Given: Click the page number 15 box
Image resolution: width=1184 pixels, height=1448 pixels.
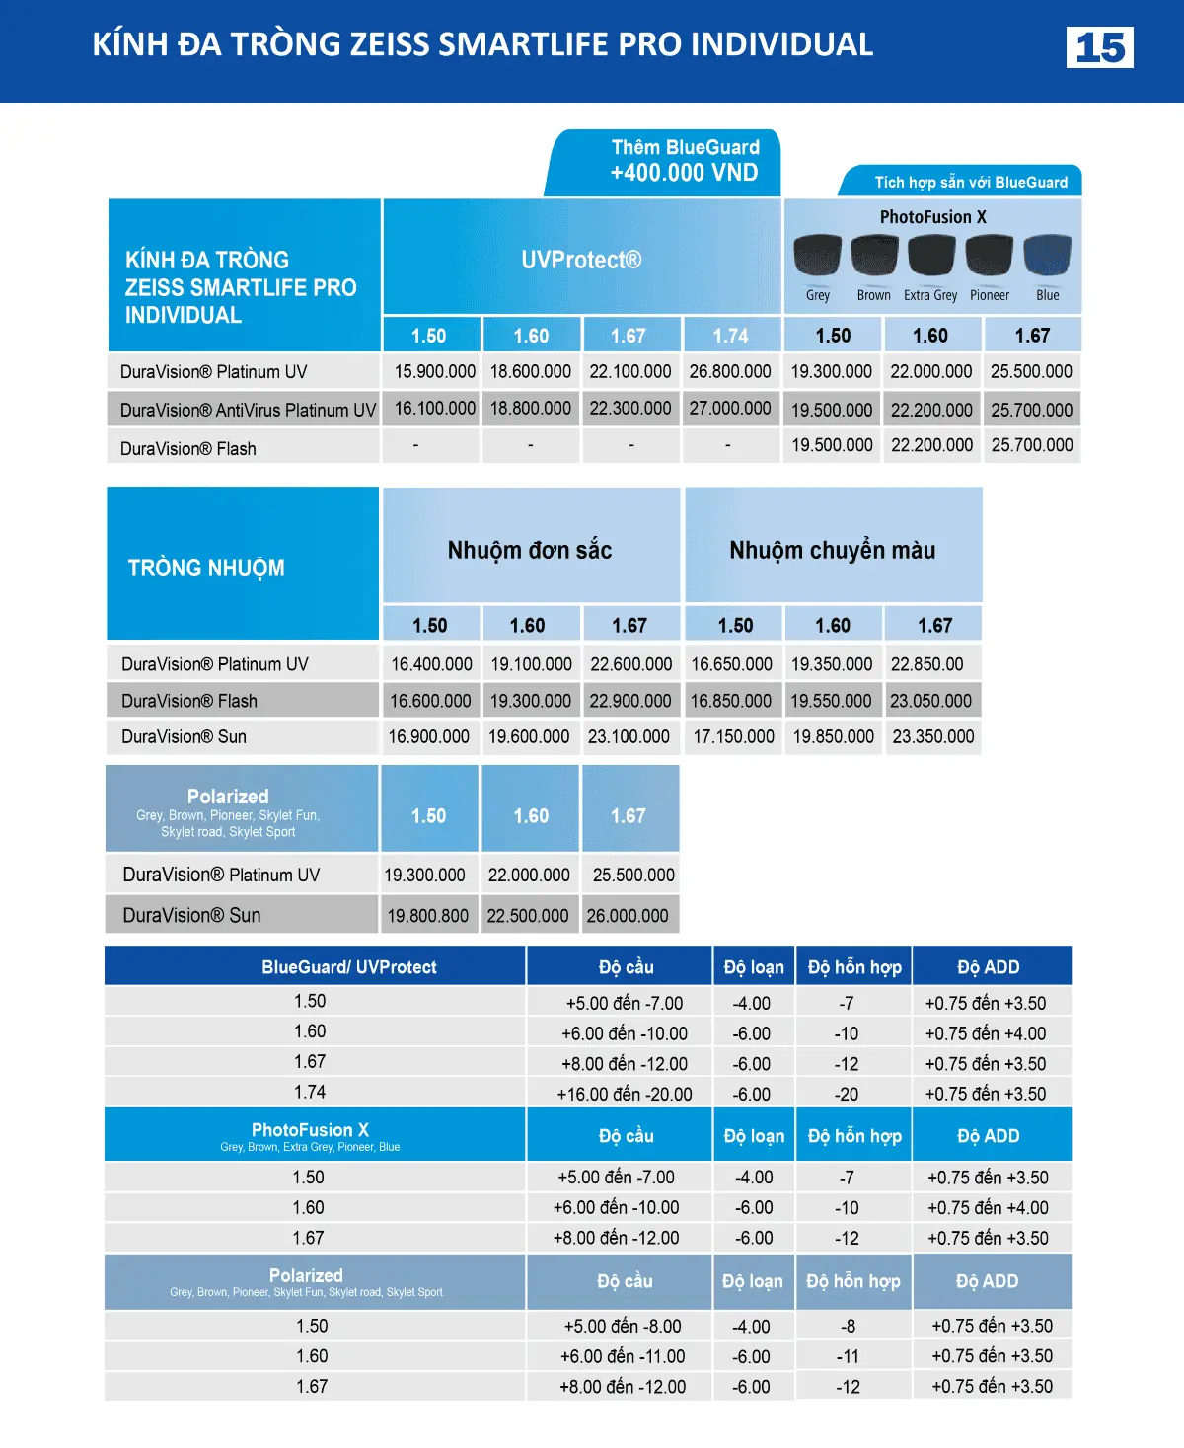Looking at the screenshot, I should click(1099, 47).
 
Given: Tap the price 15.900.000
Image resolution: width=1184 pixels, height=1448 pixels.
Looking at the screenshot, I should click(434, 371).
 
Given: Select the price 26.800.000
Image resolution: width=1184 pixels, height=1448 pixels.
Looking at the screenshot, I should click(729, 371).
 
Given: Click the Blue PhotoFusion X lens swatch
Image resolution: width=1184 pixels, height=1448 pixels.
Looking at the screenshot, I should click(1047, 256).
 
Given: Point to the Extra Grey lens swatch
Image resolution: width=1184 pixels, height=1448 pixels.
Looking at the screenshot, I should click(930, 256).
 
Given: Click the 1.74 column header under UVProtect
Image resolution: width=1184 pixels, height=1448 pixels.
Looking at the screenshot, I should click(730, 336).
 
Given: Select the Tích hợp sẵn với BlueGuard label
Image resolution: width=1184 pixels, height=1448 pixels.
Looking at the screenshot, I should click(970, 182).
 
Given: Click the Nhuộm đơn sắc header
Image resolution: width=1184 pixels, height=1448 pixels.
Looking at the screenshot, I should click(530, 550).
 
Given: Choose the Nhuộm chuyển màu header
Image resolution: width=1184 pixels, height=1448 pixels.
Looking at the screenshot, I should click(832, 550).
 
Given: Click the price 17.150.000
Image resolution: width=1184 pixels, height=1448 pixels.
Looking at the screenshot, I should click(733, 736).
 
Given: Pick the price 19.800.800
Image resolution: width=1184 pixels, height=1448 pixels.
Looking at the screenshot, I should click(427, 915).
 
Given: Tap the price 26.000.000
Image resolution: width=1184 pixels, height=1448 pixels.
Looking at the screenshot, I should click(628, 915).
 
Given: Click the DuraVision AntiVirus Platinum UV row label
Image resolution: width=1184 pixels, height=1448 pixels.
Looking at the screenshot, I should click(248, 410).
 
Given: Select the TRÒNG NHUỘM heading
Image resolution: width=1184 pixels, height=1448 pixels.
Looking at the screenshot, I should click(206, 568).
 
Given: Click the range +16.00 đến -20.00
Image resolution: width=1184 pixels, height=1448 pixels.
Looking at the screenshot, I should click(625, 1094).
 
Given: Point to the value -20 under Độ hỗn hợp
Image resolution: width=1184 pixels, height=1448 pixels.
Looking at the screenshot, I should click(847, 1094).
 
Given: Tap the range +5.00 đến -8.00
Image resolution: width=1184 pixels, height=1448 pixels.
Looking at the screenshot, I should click(623, 1326).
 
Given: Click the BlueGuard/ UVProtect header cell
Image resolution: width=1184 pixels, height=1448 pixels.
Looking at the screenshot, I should click(348, 967).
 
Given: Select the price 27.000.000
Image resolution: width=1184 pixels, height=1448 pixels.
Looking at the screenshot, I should click(729, 409).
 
